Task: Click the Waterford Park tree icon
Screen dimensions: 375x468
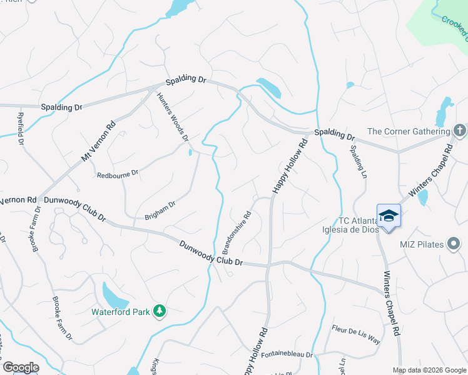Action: [160, 311]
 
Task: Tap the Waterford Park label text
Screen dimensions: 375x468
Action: [121, 311]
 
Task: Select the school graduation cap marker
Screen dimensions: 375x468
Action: [389, 216]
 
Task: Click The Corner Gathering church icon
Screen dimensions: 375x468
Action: [459, 131]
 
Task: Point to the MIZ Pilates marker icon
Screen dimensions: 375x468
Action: [454, 244]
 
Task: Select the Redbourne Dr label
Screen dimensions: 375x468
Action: [118, 174]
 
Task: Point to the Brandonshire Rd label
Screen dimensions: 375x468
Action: [237, 232]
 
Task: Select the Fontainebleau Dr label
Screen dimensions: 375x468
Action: [287, 354]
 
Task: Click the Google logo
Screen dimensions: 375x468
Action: [21, 367]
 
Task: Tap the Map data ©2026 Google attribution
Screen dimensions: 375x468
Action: [429, 370]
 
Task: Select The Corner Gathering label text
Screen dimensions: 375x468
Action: [407, 131]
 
